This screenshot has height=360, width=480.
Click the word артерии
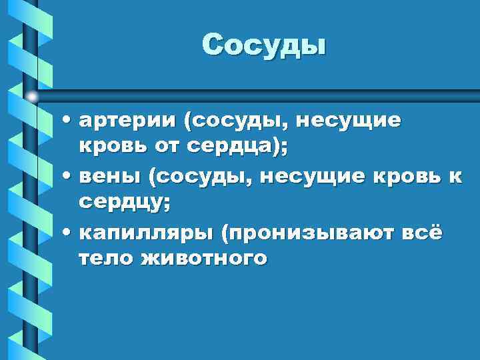tap(128, 121)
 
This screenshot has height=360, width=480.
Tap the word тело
tap(103, 258)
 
